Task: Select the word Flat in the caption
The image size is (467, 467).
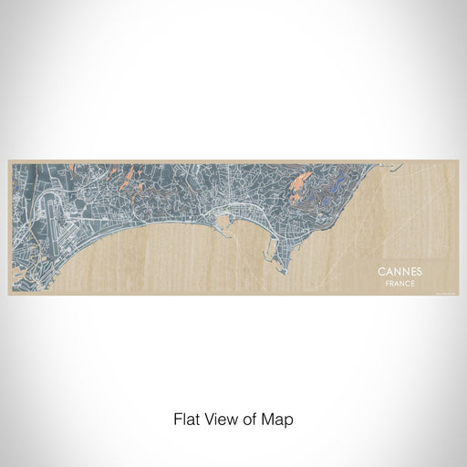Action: pos(185,420)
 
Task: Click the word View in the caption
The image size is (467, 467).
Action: pos(219,420)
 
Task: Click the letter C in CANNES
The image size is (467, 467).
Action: pos(380,272)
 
